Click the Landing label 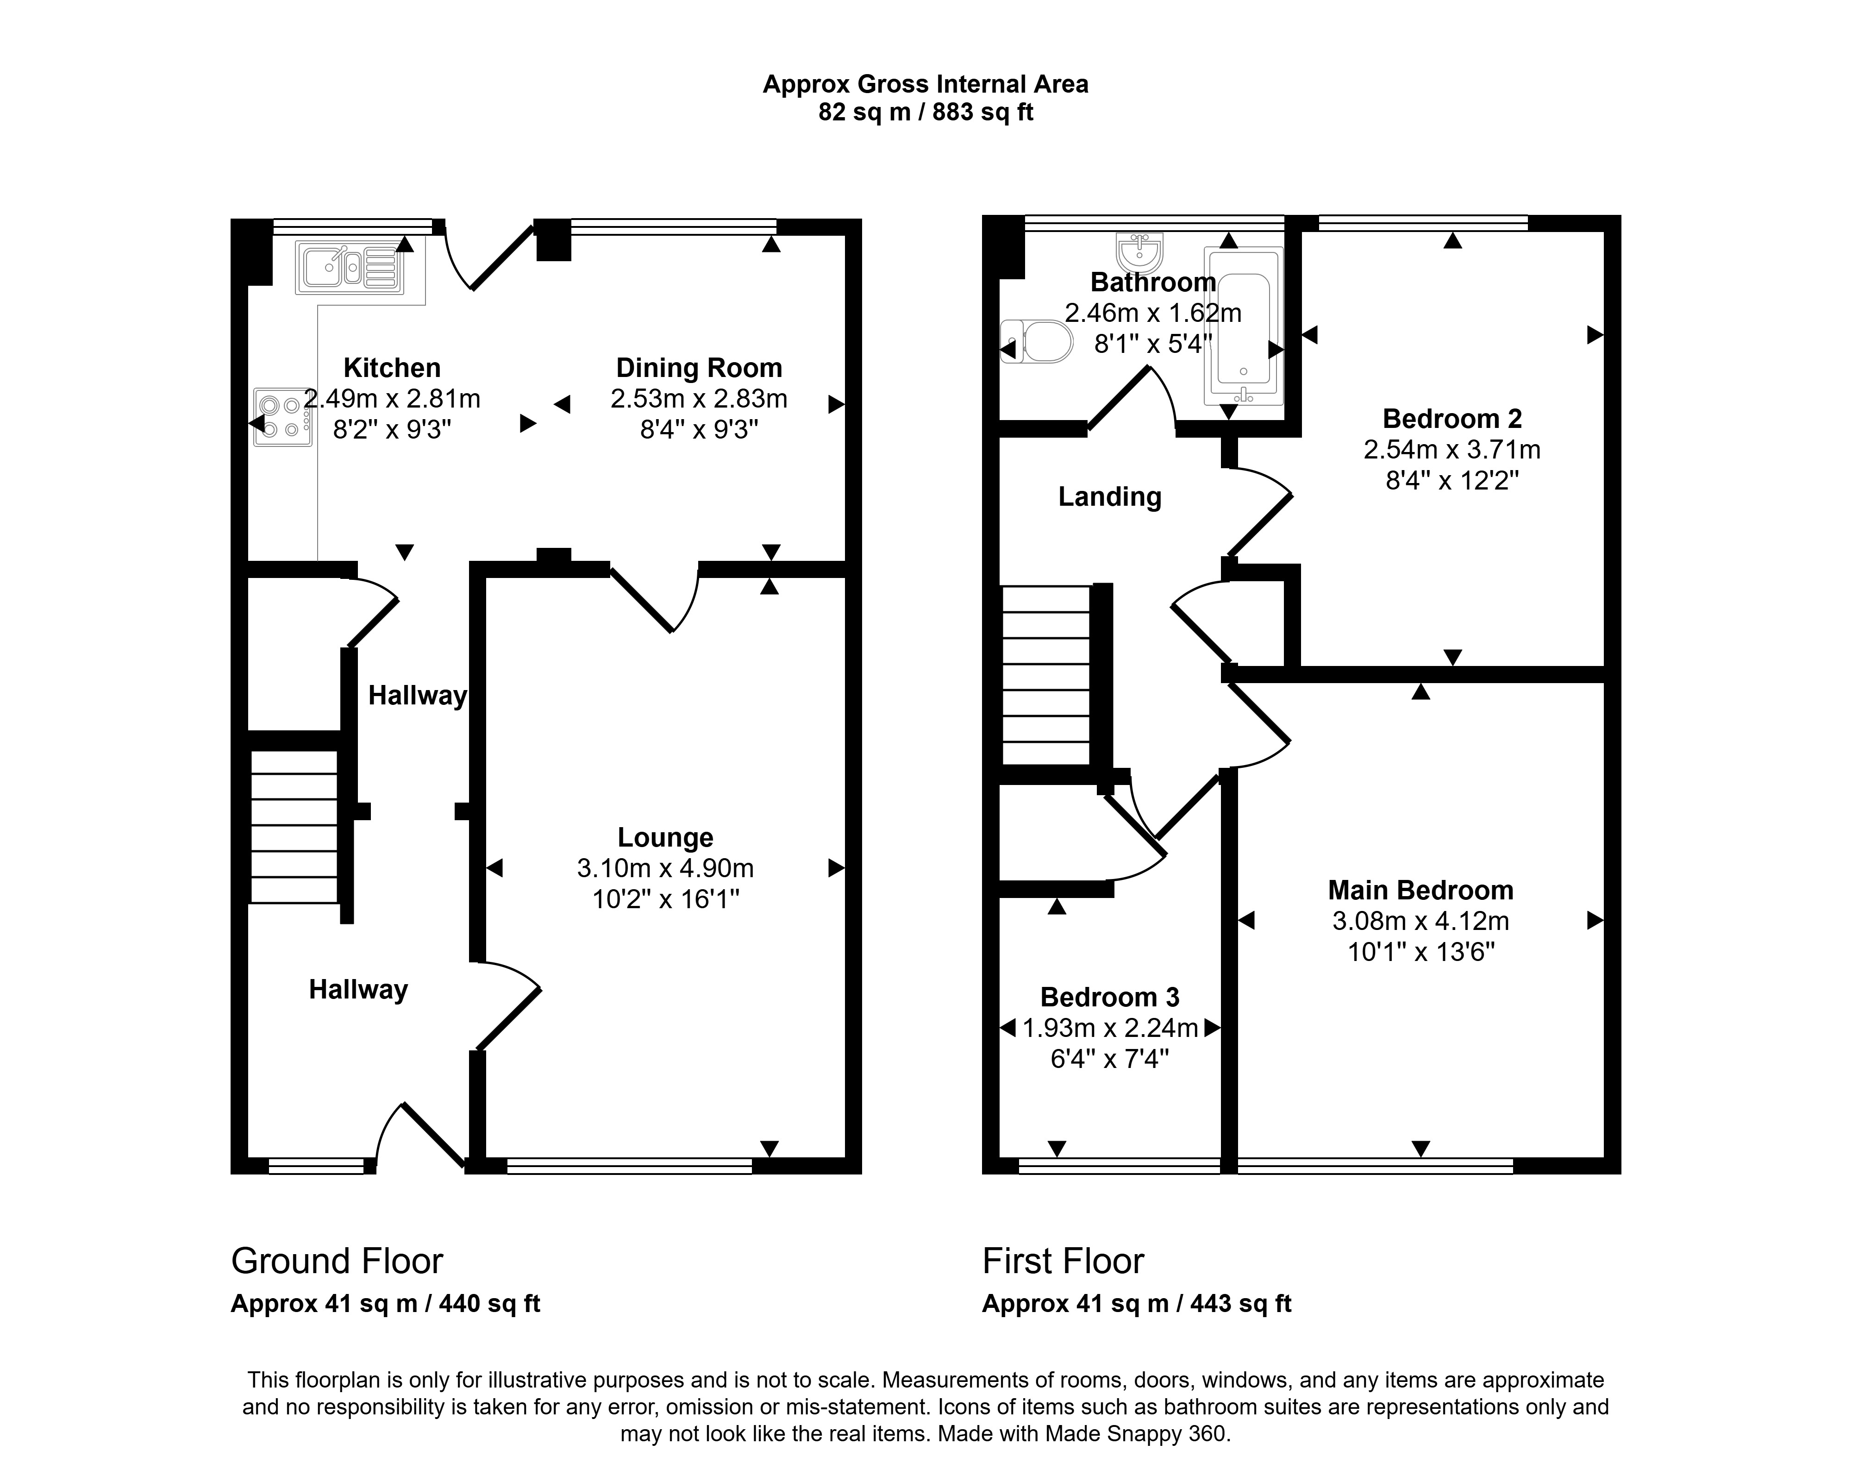1110,496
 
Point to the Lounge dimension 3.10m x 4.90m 666,868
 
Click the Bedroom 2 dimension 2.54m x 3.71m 1452,449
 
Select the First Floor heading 1064,1261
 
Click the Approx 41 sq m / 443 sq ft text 1137,1304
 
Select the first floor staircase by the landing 1046,675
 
